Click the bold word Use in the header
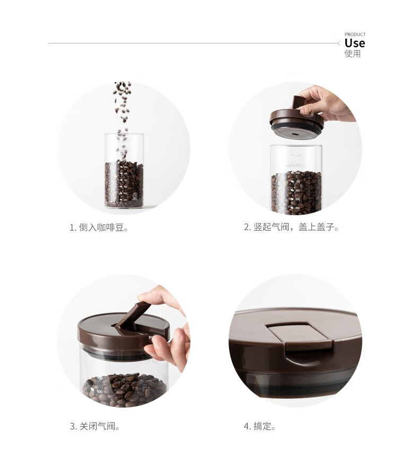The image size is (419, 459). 354,43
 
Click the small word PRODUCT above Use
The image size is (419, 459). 355,34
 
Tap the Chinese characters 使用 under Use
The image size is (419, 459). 353,54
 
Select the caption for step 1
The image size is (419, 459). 99,227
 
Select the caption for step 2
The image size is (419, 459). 292,227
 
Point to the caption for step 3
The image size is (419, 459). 95,426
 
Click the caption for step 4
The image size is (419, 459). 260,426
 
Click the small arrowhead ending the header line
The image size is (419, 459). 338,43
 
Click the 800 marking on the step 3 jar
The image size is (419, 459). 99,391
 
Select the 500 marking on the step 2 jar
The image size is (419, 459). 298,199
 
